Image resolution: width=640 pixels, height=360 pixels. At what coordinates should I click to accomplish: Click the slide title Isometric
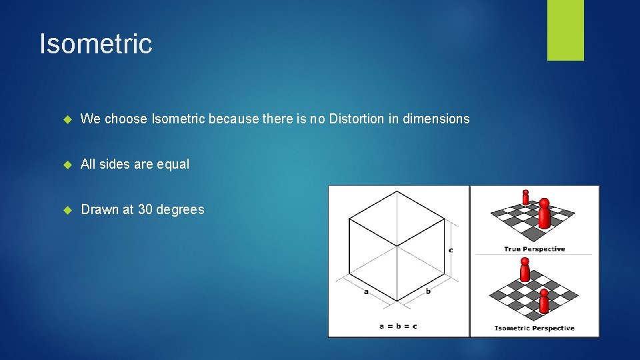[x=96, y=44]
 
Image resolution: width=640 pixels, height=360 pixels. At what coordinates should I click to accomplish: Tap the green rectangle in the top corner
[x=565, y=29]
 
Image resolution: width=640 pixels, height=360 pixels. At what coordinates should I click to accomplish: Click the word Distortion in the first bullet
[x=357, y=119]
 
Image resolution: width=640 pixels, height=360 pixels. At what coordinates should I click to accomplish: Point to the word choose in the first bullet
[x=127, y=119]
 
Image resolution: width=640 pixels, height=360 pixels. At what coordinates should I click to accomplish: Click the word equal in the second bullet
[x=173, y=164]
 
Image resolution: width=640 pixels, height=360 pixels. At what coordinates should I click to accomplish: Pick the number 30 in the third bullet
[x=145, y=209]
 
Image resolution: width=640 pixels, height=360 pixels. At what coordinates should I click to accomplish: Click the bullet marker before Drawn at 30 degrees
[x=67, y=210]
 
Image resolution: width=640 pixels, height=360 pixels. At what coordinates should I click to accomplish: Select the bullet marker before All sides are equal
[x=67, y=165]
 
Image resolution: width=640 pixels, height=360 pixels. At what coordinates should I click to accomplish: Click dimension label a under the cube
[x=366, y=291]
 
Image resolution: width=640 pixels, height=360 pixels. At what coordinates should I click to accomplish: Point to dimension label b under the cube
[x=428, y=291]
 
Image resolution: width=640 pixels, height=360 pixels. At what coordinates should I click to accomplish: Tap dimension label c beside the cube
[x=451, y=250]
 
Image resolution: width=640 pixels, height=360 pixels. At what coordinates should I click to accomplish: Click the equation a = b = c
[x=397, y=326]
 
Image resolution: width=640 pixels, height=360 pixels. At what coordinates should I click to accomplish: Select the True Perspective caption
[x=534, y=249]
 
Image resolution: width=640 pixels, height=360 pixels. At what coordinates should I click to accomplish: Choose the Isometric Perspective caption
[x=534, y=328]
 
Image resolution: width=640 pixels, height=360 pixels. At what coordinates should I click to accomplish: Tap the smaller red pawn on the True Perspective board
[x=525, y=197]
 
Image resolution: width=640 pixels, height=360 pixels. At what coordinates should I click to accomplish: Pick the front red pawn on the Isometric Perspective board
[x=544, y=301]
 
